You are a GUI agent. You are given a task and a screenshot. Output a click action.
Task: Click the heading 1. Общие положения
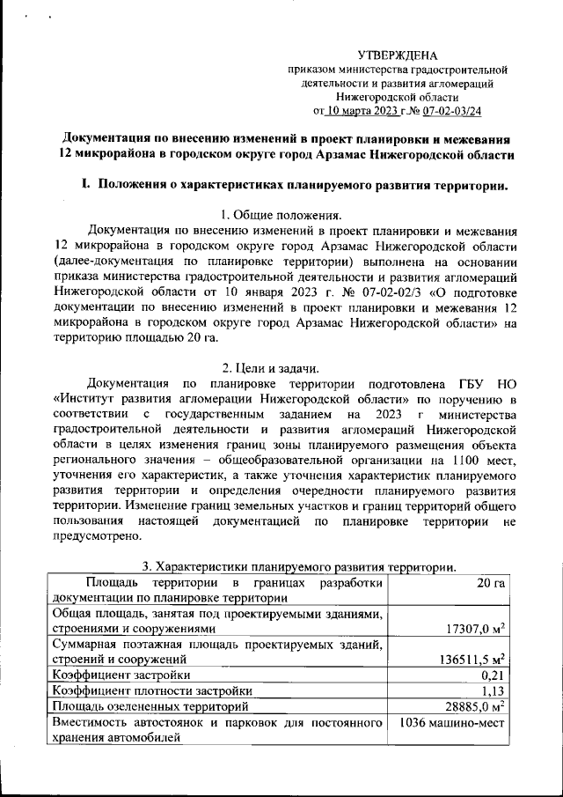(x=281, y=214)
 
